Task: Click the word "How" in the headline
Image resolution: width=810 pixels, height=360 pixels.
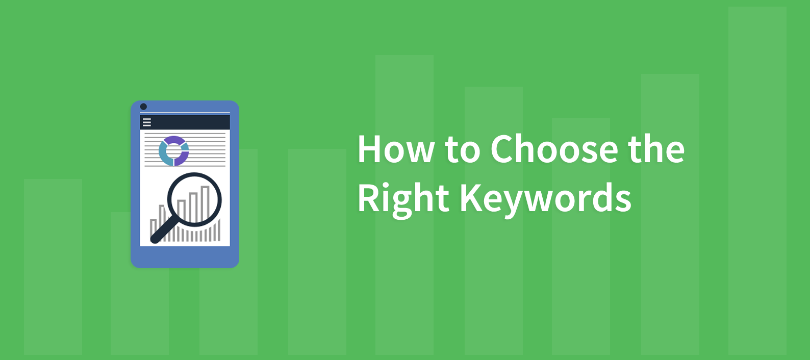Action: coord(396,149)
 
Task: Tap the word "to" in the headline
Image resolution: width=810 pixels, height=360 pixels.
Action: coord(462,150)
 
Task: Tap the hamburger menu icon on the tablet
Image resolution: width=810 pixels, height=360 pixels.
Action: coord(147,122)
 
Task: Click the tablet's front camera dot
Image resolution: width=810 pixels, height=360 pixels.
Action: coord(143,107)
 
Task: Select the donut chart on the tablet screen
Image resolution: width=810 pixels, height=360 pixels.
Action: coord(174,151)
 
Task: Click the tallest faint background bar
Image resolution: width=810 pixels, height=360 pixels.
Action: coord(757,178)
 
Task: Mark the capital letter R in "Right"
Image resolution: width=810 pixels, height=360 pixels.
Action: coord(368,197)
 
